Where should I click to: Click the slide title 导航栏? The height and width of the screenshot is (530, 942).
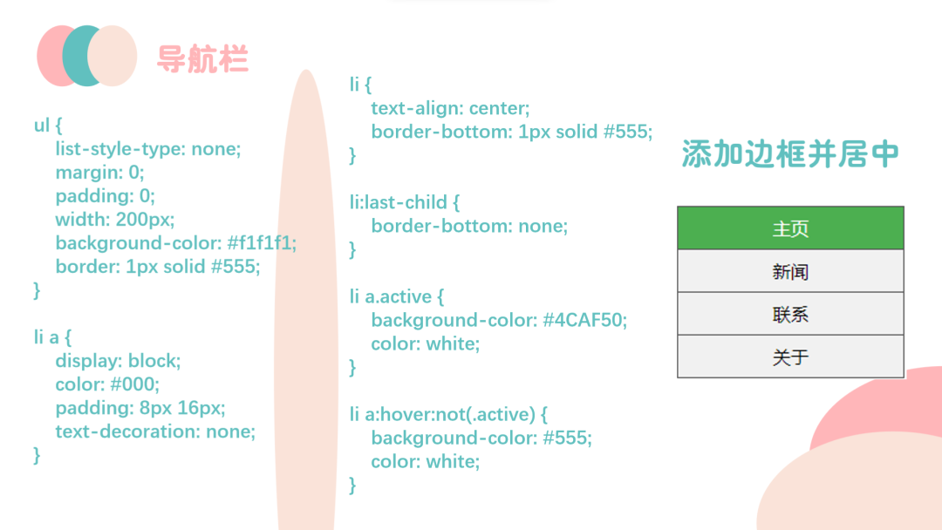click(202, 58)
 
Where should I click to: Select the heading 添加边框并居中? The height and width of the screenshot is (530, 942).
click(790, 153)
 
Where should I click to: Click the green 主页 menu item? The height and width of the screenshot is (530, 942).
click(790, 228)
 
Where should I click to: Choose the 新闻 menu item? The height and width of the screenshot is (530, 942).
click(790, 271)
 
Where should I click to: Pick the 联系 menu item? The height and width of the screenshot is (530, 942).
click(790, 314)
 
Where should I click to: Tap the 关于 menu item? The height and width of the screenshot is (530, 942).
click(790, 357)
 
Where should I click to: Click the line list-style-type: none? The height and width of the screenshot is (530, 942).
click(147, 149)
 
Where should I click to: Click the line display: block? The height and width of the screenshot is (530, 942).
click(118, 361)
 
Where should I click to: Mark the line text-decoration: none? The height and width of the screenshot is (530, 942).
click(155, 431)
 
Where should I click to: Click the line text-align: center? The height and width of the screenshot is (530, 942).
click(450, 109)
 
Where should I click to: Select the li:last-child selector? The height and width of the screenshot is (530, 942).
click(399, 202)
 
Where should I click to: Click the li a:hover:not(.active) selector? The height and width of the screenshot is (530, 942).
click(442, 415)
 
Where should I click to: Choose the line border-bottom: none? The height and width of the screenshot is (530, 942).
click(469, 227)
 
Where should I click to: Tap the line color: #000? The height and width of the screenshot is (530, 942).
click(107, 384)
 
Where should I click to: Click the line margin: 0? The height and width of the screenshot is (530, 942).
click(99, 173)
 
